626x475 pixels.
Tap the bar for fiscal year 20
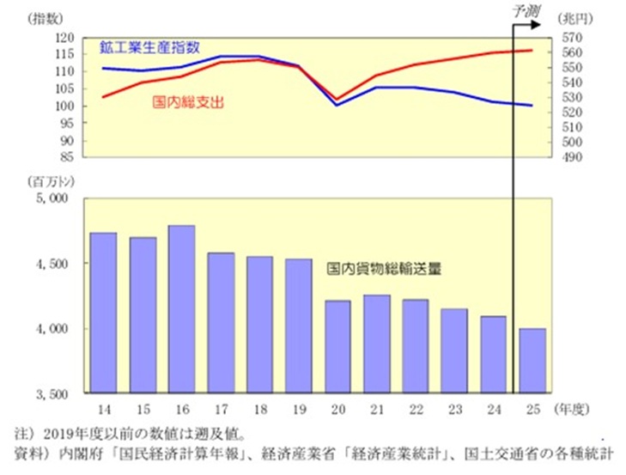337,347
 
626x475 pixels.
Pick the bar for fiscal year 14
103,313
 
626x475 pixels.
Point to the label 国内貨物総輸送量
384,268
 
